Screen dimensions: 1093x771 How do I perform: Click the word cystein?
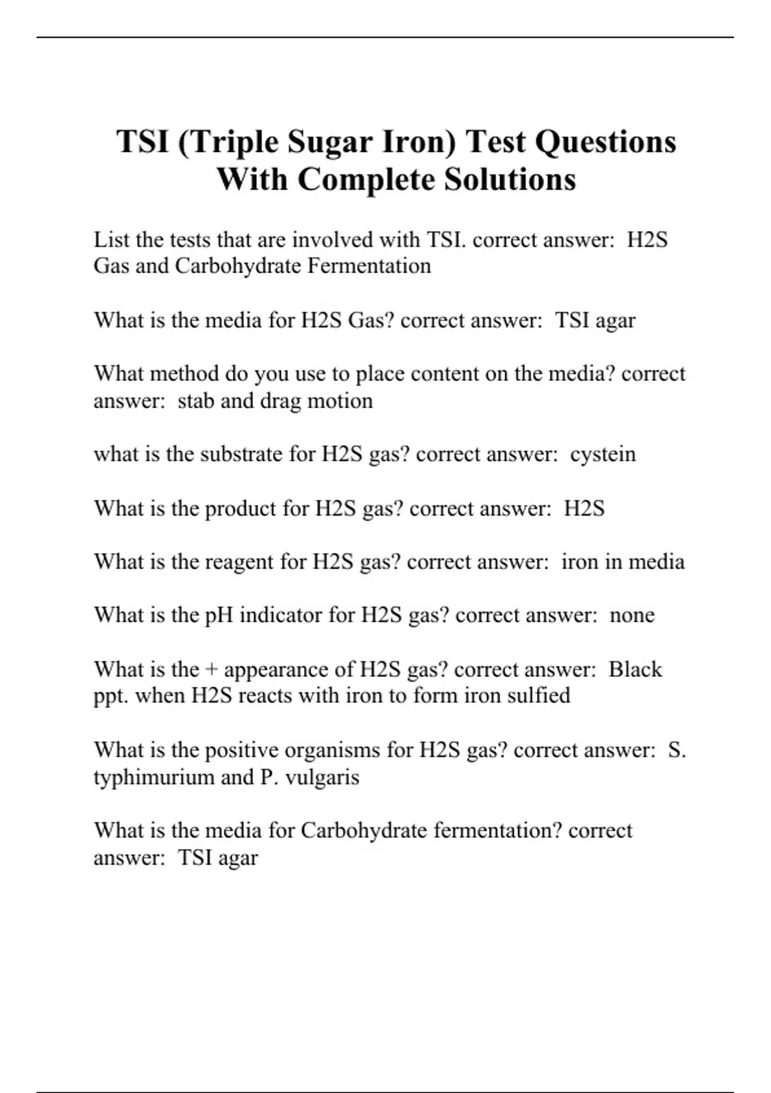pyautogui.click(x=603, y=454)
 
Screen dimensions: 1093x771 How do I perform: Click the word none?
pyautogui.click(x=632, y=615)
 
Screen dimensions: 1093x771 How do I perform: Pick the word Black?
pyautogui.click(x=635, y=669)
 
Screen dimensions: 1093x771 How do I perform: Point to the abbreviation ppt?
pyautogui.click(x=111, y=696)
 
